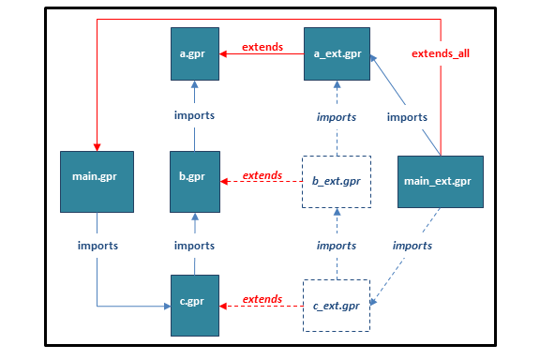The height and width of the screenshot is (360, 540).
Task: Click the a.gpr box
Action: (195, 55)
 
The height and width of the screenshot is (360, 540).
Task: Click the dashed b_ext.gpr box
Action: (336, 180)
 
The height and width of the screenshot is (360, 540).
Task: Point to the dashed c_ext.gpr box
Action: (336, 305)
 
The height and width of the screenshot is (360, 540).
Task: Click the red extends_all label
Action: (441, 53)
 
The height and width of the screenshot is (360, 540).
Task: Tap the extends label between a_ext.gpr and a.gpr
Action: (262, 47)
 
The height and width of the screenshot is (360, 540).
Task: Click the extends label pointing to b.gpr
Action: (262, 175)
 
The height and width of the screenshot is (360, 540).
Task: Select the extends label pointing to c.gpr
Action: (262, 299)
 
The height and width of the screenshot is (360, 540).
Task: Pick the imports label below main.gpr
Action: (97, 246)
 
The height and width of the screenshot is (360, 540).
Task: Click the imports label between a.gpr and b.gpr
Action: (195, 115)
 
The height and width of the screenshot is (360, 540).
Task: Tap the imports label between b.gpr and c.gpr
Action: (195, 246)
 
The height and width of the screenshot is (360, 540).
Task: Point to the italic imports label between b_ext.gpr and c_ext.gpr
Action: (336, 246)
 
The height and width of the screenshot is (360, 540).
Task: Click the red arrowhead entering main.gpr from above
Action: (97, 145)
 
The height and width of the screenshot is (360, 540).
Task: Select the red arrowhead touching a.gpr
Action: (224, 55)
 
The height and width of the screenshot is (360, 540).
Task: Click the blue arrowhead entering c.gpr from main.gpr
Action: (167, 305)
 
